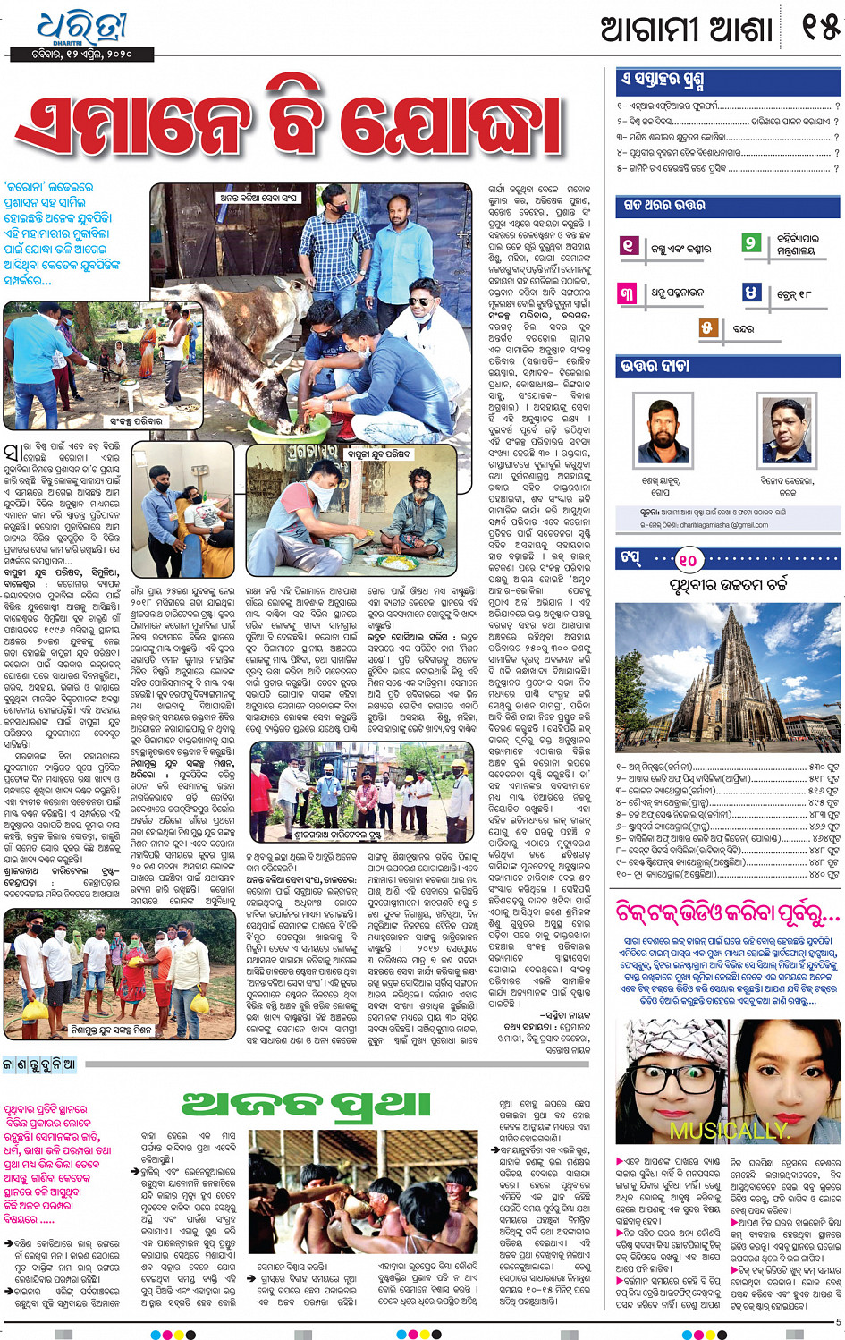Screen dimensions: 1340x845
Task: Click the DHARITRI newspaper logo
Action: [82, 29]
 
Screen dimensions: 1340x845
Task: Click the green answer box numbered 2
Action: [752, 243]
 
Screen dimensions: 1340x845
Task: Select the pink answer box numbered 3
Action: [628, 293]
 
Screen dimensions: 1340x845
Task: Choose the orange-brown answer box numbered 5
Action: [706, 328]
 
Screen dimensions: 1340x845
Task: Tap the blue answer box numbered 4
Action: [752, 293]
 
